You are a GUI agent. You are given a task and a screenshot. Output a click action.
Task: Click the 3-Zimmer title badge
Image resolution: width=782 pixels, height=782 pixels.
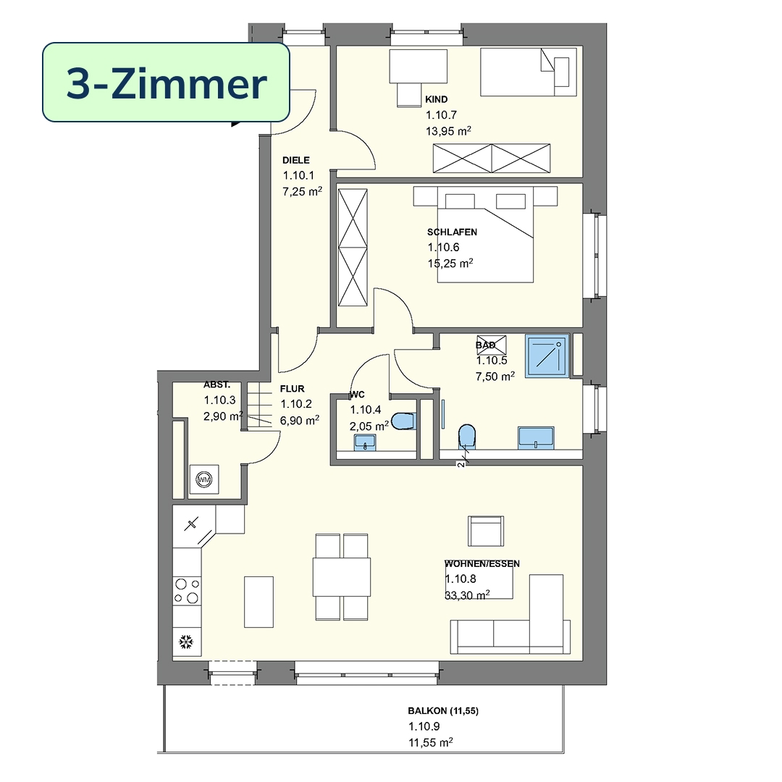click(x=166, y=83)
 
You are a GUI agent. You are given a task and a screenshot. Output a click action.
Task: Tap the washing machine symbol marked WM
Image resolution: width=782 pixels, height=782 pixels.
click(x=204, y=480)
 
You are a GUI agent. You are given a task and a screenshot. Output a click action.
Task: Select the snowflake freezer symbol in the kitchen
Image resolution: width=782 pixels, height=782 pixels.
click(x=187, y=642)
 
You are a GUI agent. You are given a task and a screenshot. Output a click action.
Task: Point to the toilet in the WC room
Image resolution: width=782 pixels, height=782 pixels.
click(x=403, y=421)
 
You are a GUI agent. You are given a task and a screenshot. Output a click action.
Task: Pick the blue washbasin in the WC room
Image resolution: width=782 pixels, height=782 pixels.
click(x=365, y=442)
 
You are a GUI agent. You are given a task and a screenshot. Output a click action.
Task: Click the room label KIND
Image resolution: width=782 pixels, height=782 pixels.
click(x=437, y=99)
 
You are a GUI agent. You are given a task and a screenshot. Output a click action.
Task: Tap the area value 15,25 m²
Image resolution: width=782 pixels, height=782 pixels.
click(x=450, y=263)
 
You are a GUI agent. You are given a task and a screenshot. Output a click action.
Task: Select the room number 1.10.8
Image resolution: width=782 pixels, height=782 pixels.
click(x=461, y=579)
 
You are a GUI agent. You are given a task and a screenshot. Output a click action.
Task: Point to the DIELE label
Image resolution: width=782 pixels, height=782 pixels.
click(x=296, y=160)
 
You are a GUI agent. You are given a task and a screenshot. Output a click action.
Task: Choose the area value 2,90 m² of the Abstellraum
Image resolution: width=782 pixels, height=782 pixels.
click(x=224, y=416)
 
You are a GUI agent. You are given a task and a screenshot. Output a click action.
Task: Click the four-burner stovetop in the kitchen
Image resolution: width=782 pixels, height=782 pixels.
click(x=187, y=591)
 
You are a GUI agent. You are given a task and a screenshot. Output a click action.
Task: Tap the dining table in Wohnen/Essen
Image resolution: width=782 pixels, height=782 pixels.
click(x=342, y=577)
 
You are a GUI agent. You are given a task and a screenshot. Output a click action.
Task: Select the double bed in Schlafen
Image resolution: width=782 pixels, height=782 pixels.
click(x=485, y=235)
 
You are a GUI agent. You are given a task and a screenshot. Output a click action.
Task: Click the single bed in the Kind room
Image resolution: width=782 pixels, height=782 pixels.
click(x=529, y=72)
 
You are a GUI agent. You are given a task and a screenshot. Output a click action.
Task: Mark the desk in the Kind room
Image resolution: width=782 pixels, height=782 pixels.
click(x=418, y=66)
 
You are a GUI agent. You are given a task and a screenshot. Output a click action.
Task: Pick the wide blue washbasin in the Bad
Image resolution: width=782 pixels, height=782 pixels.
click(x=536, y=438)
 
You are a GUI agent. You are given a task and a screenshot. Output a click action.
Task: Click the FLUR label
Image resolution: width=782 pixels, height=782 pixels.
click(x=293, y=389)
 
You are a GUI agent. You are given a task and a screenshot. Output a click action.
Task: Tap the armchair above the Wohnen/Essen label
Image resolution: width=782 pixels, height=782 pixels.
click(x=486, y=531)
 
